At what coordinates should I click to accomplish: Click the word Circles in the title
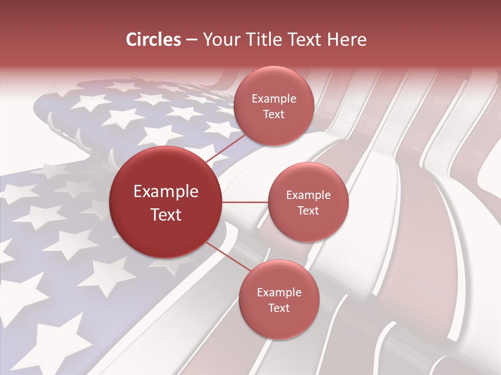[153, 40]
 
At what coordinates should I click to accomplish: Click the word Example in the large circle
[166, 192]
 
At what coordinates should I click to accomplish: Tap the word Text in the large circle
[166, 215]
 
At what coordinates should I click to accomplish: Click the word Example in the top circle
[273, 99]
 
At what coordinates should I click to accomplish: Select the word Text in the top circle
[273, 114]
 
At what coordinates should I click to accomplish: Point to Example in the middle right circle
[308, 195]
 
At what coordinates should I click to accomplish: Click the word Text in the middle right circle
[308, 210]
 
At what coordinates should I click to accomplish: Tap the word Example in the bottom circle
[279, 293]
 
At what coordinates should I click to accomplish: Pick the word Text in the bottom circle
[279, 308]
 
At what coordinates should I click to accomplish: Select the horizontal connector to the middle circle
[245, 202]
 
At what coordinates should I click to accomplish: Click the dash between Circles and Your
[192, 40]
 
